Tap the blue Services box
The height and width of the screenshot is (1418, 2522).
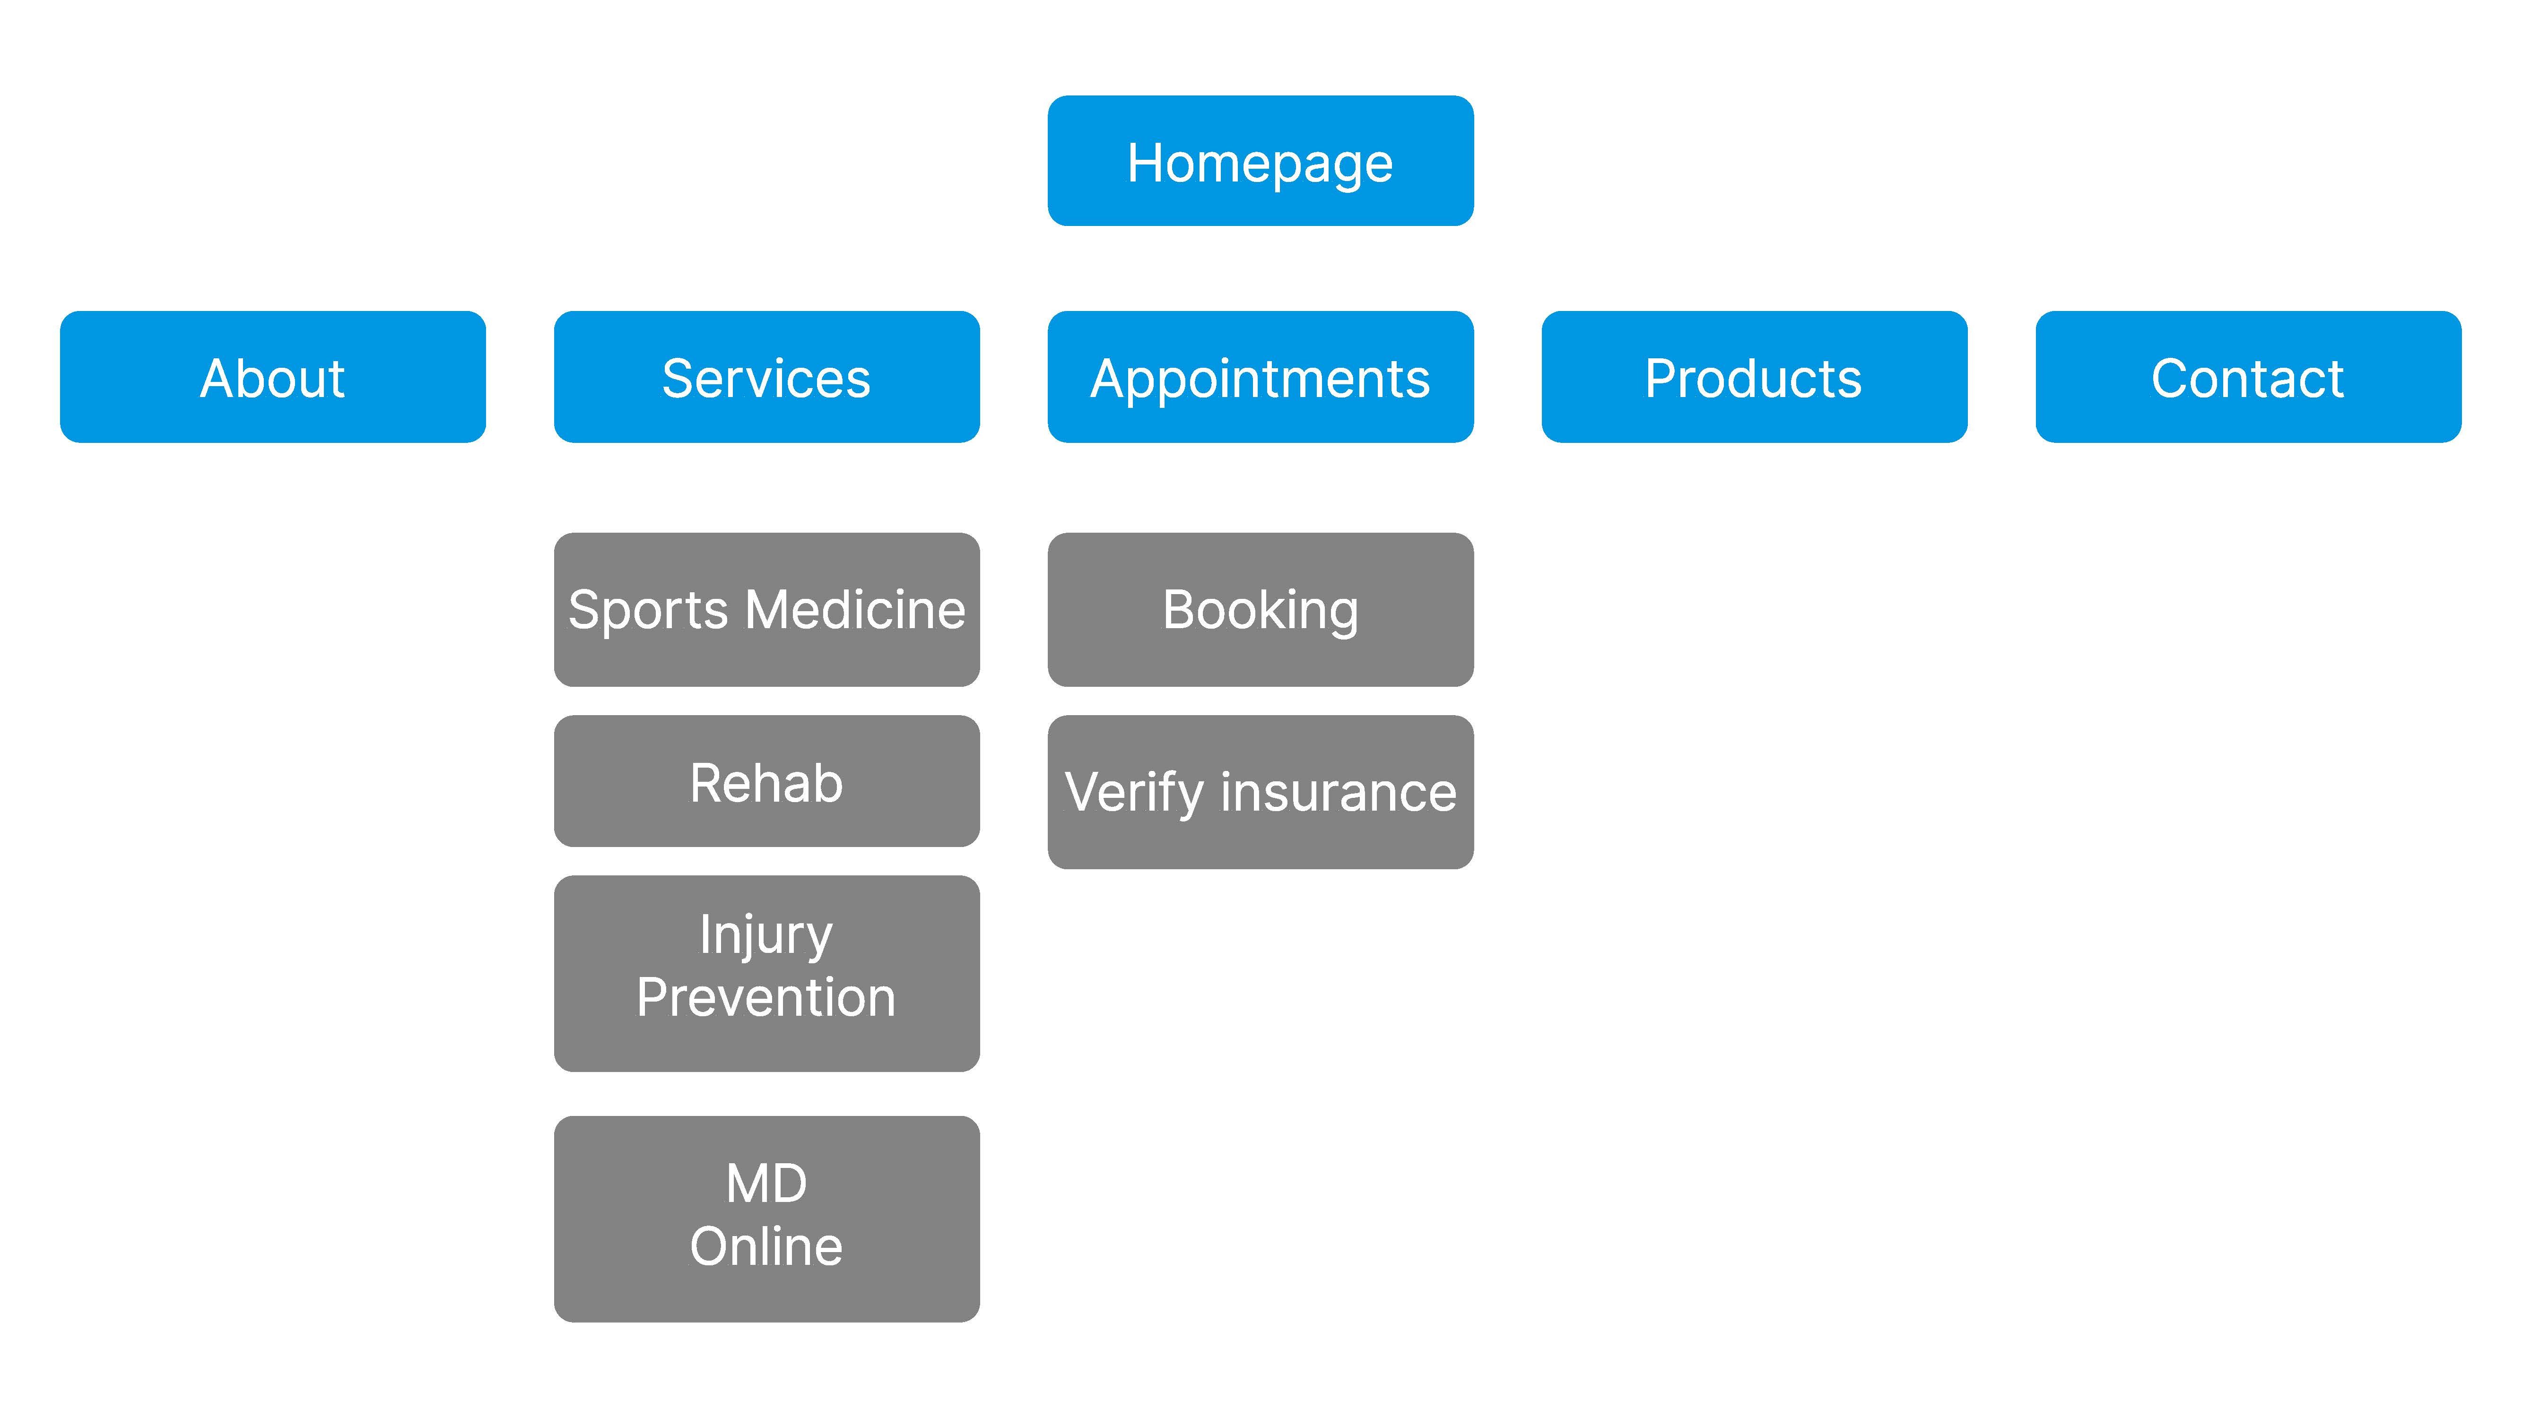[766, 377]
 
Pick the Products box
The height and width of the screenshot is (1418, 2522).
[1755, 377]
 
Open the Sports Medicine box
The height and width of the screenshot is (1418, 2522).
[766, 610]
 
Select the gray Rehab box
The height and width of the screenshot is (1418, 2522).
[766, 781]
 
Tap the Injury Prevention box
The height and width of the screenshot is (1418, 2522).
[766, 974]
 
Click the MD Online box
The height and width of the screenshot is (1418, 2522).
[766, 1219]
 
